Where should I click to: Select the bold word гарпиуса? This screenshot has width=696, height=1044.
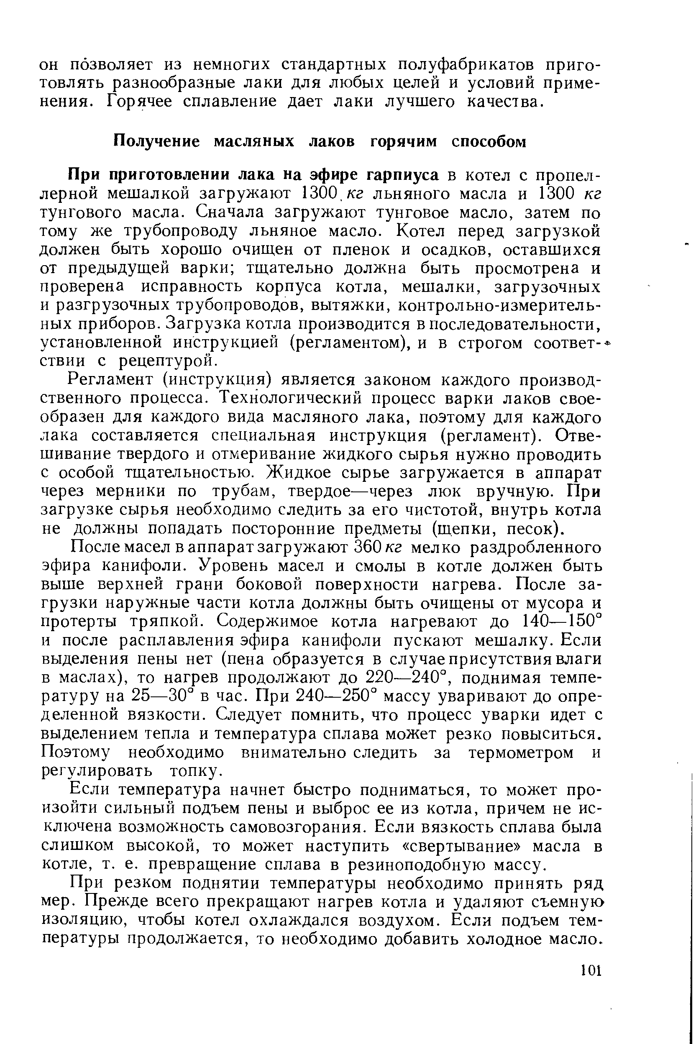tap(402, 175)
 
